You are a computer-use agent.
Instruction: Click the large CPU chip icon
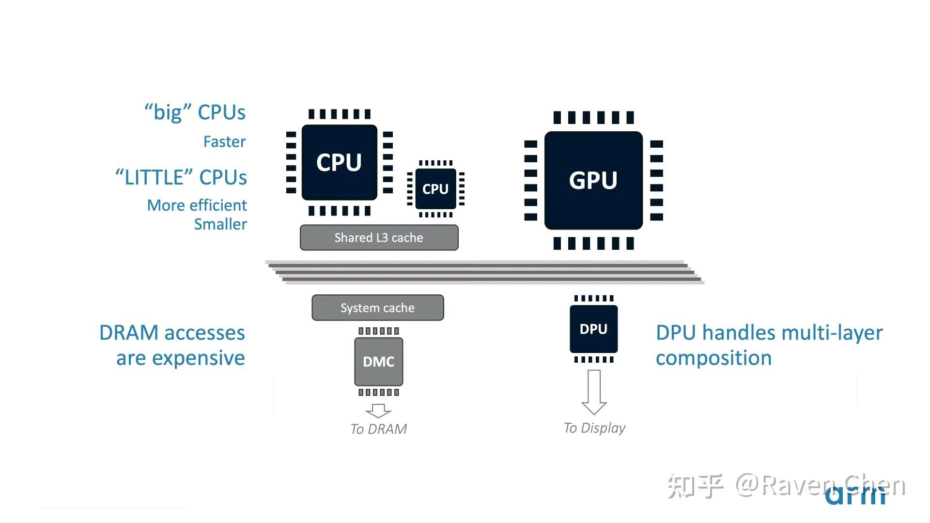tap(339, 162)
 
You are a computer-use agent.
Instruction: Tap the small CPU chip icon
tap(435, 189)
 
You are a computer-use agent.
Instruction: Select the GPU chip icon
tap(593, 180)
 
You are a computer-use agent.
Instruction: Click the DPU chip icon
tap(593, 329)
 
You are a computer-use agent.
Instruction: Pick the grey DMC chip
tap(378, 361)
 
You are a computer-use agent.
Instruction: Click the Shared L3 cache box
tap(379, 237)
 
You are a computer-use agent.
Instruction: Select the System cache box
tap(377, 308)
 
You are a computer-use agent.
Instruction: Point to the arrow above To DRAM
tap(378, 411)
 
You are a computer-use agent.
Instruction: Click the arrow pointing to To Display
tap(594, 392)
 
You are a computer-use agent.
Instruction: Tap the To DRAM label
tap(378, 429)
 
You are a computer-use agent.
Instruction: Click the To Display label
tap(594, 428)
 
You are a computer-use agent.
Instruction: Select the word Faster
tap(224, 141)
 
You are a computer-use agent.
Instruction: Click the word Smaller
tap(220, 224)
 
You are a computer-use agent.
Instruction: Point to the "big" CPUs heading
tap(195, 112)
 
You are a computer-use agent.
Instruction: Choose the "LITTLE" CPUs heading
tap(181, 177)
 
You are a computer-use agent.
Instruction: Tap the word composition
tap(713, 358)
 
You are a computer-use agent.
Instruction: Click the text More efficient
tap(197, 205)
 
